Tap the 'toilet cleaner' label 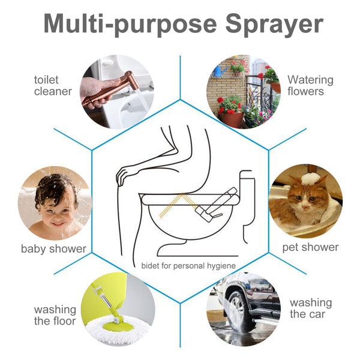pyautogui.click(x=53, y=86)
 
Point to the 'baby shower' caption pyautogui.click(x=53, y=248)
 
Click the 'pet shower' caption pyautogui.click(x=310, y=247)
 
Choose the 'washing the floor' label pyautogui.click(x=55, y=315)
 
